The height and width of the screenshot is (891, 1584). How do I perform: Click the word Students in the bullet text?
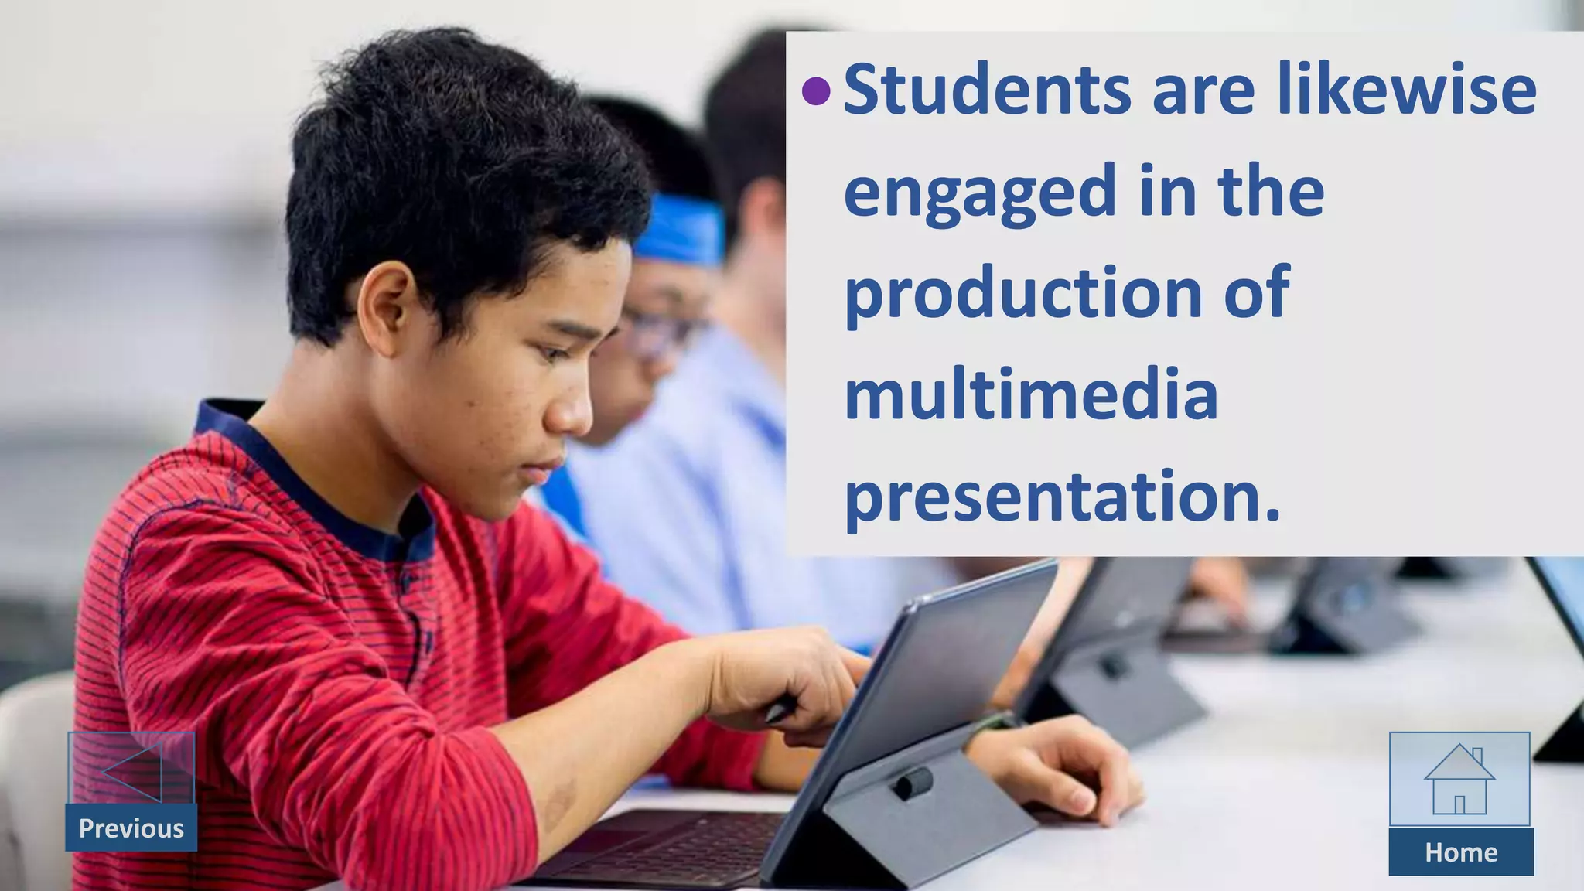(987, 90)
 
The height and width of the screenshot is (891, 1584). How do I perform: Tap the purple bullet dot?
(816, 91)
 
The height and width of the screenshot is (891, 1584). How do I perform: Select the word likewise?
(1406, 90)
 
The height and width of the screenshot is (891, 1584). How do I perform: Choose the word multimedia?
(1031, 395)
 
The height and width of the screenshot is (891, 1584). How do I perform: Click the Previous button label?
(131, 828)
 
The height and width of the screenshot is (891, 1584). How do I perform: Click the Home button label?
(1461, 852)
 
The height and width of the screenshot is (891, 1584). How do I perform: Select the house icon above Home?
(1459, 780)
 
